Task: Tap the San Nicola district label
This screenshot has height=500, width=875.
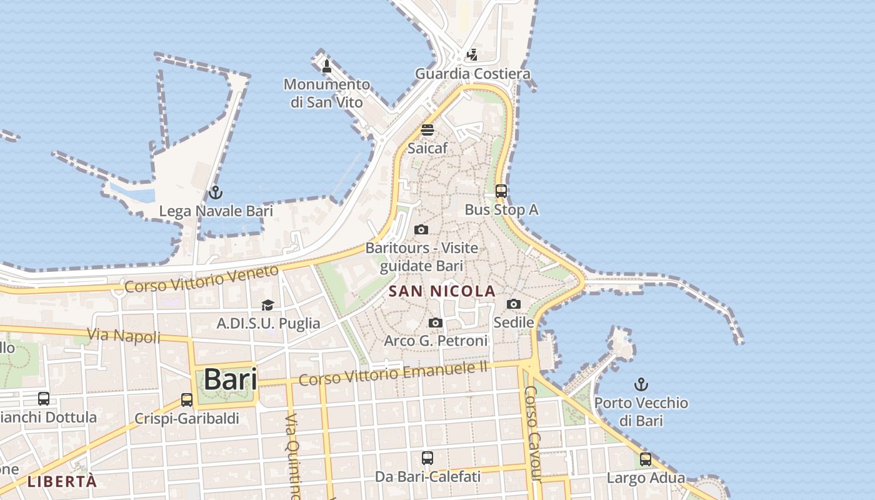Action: click(442, 291)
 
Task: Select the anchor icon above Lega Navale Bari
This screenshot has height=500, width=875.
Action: click(216, 192)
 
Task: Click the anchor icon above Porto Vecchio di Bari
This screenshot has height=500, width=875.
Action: click(641, 384)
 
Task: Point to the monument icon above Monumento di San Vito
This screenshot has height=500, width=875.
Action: click(326, 66)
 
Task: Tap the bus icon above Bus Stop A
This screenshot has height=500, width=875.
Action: click(501, 191)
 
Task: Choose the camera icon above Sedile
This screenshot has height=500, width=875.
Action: click(514, 304)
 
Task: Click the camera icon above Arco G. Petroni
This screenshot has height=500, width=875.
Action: click(436, 323)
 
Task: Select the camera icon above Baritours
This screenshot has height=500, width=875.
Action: click(421, 230)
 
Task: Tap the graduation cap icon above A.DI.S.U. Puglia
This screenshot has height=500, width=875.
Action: click(268, 305)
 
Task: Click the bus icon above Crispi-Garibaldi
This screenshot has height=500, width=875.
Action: click(187, 400)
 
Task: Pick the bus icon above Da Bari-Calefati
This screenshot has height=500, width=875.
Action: click(427, 458)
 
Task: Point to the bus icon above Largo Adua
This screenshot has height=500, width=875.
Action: click(646, 459)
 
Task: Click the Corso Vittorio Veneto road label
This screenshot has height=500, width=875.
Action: click(201, 279)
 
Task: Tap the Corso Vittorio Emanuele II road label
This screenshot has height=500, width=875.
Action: click(392, 372)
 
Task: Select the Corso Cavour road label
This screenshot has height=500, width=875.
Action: click(531, 434)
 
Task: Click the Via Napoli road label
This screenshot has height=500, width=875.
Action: click(124, 336)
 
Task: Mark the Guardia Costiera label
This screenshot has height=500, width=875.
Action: click(472, 74)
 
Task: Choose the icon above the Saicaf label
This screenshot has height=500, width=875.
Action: click(427, 130)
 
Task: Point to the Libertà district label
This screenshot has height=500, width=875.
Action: click(62, 482)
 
